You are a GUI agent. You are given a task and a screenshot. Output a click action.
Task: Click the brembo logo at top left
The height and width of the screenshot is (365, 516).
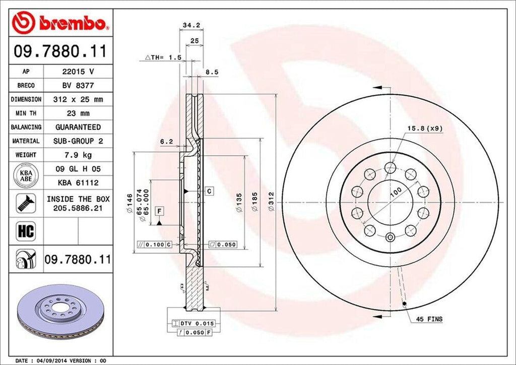tap(60, 23)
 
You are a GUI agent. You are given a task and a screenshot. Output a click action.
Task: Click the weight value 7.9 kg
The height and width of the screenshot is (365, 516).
tap(78, 155)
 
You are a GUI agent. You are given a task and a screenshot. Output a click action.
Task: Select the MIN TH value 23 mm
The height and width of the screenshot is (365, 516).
tap(78, 113)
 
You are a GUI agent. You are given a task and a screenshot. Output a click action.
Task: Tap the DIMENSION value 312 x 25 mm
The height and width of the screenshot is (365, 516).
tap(78, 100)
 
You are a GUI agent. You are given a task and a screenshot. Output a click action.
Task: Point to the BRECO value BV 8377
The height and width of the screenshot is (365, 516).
tap(78, 86)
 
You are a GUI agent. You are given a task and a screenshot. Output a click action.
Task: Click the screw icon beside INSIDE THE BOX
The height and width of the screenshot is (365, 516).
tap(25, 203)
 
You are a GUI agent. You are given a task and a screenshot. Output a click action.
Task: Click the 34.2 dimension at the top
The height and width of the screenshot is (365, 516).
tap(188, 24)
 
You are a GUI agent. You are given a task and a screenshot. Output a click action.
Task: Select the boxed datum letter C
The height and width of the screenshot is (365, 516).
tap(209, 191)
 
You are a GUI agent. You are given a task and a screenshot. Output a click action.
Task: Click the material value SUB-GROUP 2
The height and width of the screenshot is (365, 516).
tap(78, 141)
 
